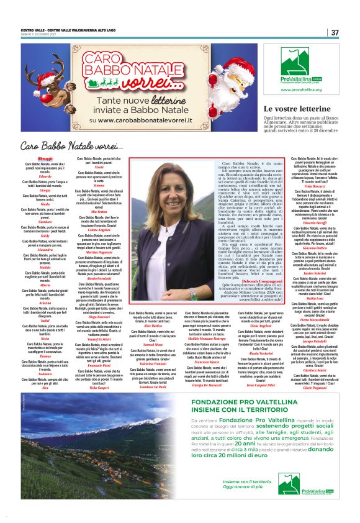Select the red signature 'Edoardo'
click(x=45, y=176)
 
